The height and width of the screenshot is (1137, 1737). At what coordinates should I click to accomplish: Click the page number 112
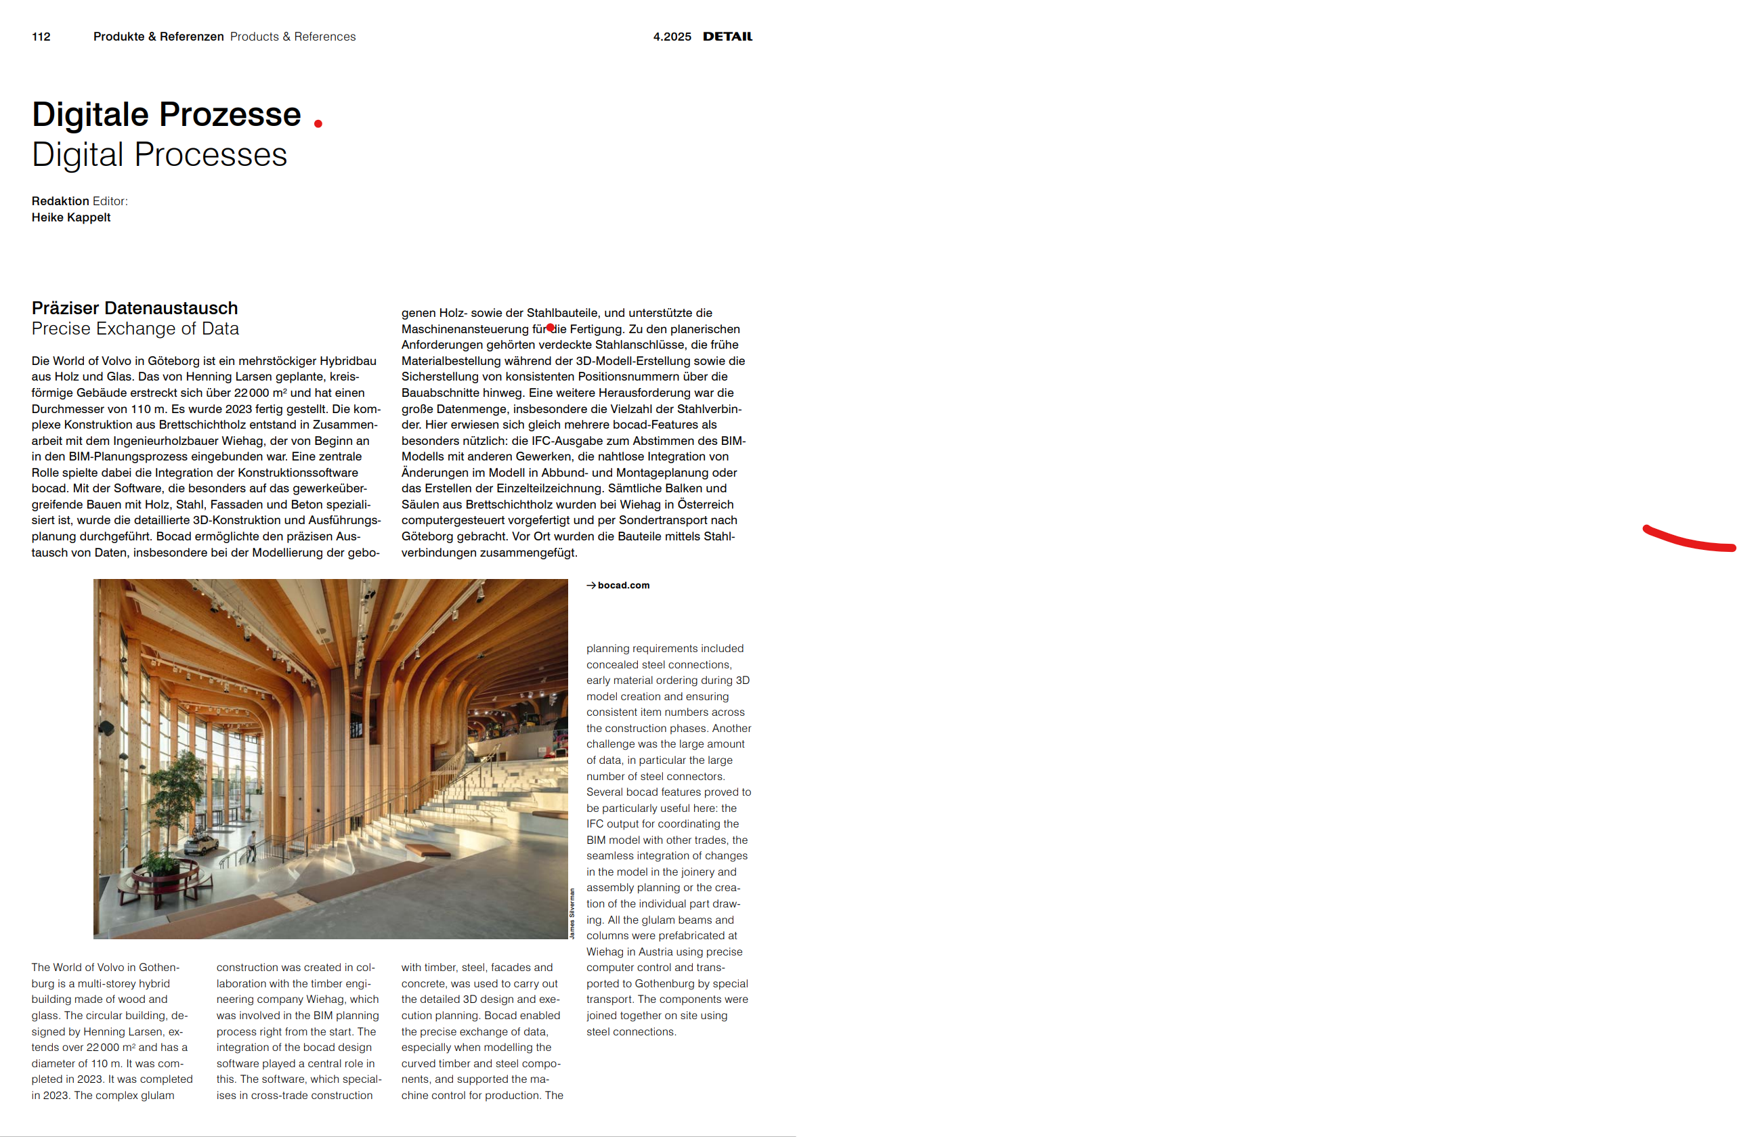click(41, 37)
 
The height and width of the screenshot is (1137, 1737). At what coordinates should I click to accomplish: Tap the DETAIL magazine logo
click(727, 37)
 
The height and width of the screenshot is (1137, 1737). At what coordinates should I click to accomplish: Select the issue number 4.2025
click(672, 37)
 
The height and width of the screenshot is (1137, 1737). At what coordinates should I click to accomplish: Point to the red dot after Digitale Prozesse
click(318, 124)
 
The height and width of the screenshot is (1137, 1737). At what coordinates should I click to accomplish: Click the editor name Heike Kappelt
click(71, 217)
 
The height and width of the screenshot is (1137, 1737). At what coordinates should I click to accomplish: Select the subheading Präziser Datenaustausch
click(134, 308)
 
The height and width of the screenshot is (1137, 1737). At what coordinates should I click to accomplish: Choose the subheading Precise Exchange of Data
click(135, 329)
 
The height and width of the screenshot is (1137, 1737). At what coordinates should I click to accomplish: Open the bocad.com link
click(623, 585)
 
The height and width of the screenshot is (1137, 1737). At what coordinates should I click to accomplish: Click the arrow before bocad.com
click(591, 585)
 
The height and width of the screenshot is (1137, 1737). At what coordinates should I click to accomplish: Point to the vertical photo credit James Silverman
click(572, 913)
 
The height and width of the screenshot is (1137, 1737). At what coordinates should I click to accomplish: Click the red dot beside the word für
click(551, 328)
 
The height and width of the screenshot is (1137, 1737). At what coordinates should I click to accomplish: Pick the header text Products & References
click(293, 37)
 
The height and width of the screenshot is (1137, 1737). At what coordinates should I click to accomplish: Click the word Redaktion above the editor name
click(60, 201)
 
